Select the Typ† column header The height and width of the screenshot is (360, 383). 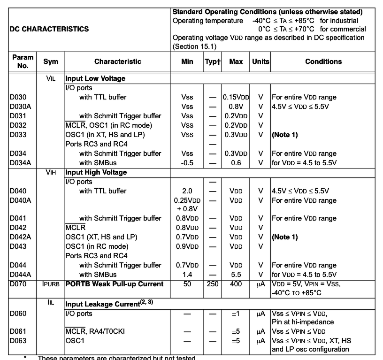tap(212, 61)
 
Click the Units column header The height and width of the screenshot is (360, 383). tap(260, 61)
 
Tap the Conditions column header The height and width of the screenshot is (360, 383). tap(323, 61)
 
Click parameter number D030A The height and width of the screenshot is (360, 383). tap(20, 107)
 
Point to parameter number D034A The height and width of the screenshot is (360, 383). tap(20, 163)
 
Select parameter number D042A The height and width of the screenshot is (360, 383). tap(20, 237)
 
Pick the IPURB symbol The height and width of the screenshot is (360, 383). tap(51, 284)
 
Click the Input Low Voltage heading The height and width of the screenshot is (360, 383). tap(95, 78)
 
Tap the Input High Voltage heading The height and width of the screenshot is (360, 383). tap(96, 172)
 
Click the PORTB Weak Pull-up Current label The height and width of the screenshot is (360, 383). tap(115, 284)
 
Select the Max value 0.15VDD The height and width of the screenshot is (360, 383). tap(236, 97)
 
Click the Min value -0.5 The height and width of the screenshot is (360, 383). tap(187, 163)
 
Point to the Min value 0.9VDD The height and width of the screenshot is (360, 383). tap(187, 246)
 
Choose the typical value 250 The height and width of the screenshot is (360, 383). tap(212, 284)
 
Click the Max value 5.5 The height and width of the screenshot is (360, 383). tap(236, 275)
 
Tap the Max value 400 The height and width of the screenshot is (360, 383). tap(236, 284)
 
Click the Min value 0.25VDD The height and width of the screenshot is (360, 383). tap(187, 200)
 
